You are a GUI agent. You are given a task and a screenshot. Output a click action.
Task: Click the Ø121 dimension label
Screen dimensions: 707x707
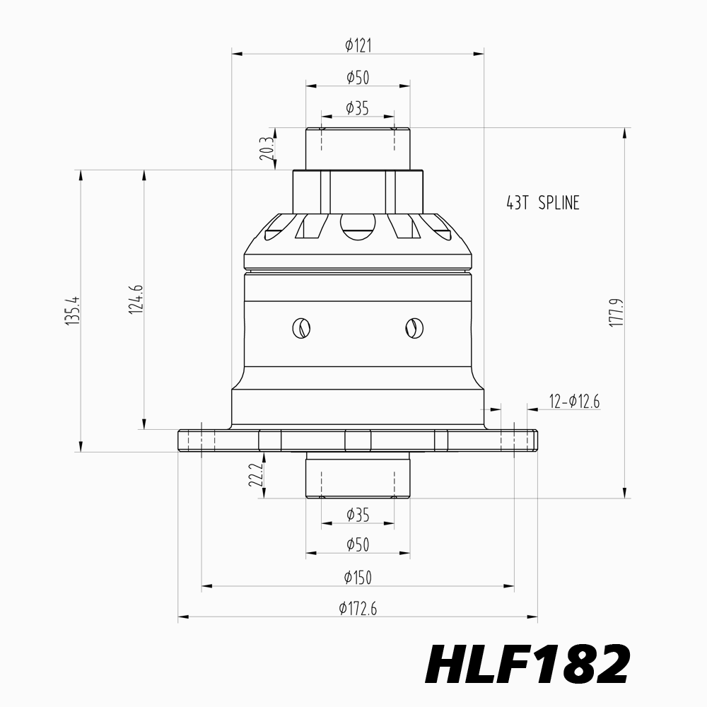coord(358,45)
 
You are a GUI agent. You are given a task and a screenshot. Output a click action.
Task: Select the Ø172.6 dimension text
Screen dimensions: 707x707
coord(358,609)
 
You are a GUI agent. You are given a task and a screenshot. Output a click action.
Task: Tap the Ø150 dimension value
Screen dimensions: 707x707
coord(358,578)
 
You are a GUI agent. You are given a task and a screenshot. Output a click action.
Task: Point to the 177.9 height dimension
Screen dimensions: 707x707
coord(616,312)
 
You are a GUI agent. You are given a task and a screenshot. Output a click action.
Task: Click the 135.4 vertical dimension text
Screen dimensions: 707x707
coord(72,310)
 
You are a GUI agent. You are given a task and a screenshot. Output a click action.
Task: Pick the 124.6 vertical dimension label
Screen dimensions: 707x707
coord(136,299)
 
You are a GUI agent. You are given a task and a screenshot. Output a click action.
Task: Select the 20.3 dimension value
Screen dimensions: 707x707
coord(267,149)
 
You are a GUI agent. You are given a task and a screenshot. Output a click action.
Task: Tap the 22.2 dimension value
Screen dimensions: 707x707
coord(256,476)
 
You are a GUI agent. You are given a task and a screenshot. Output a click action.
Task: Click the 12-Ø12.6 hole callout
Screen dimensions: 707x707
coord(574,401)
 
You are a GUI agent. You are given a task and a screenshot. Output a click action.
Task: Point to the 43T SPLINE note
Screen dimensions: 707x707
coord(543,203)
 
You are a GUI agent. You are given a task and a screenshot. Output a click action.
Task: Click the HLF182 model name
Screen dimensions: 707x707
coord(527,664)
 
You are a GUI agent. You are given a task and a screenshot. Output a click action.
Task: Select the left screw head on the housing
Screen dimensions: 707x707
coord(301,328)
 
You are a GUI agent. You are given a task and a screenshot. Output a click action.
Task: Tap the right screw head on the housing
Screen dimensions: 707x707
coord(414,328)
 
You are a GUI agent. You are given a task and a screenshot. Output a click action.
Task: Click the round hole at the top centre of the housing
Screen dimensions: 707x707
coord(358,226)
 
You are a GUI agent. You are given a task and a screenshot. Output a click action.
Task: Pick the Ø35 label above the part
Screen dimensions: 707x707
coord(358,108)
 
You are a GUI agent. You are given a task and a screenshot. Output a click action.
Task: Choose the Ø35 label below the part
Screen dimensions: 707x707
coord(358,515)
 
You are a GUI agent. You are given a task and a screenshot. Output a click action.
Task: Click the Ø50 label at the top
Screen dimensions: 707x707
coord(358,78)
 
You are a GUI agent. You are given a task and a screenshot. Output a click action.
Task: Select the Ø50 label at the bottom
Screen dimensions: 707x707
coord(358,545)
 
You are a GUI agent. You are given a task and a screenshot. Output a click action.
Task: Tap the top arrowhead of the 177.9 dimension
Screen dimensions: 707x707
coord(624,133)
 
